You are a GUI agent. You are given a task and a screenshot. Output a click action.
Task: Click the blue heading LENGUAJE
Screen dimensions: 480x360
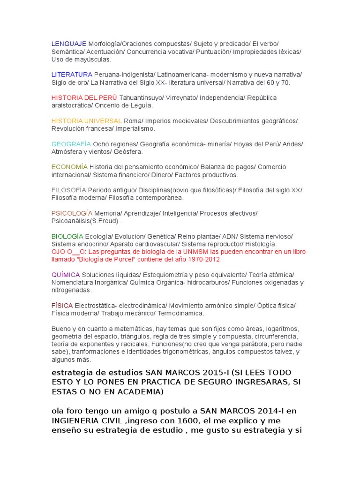coord(69,44)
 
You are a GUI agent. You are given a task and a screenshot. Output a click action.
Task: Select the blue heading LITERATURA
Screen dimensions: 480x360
coord(72,75)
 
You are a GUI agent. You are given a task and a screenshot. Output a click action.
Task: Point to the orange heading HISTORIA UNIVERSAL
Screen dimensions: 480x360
coord(87,120)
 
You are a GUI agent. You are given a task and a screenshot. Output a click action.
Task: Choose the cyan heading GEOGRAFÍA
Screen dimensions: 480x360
coord(71,144)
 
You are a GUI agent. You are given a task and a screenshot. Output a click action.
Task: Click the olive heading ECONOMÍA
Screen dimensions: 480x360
coord(69,167)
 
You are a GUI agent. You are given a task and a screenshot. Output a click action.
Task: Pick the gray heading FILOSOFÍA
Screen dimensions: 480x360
coord(69,190)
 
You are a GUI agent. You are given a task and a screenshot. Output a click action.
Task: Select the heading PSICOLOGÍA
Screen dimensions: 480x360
coord(72,213)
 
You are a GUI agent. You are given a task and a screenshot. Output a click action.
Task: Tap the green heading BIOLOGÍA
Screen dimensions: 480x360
coord(67,236)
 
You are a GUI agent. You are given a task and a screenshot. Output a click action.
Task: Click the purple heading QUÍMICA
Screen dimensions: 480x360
coord(66,274)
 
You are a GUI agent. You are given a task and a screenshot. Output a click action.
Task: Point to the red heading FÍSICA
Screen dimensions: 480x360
coord(62,305)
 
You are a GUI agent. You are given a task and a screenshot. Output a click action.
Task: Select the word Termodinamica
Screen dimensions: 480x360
coord(181,313)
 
